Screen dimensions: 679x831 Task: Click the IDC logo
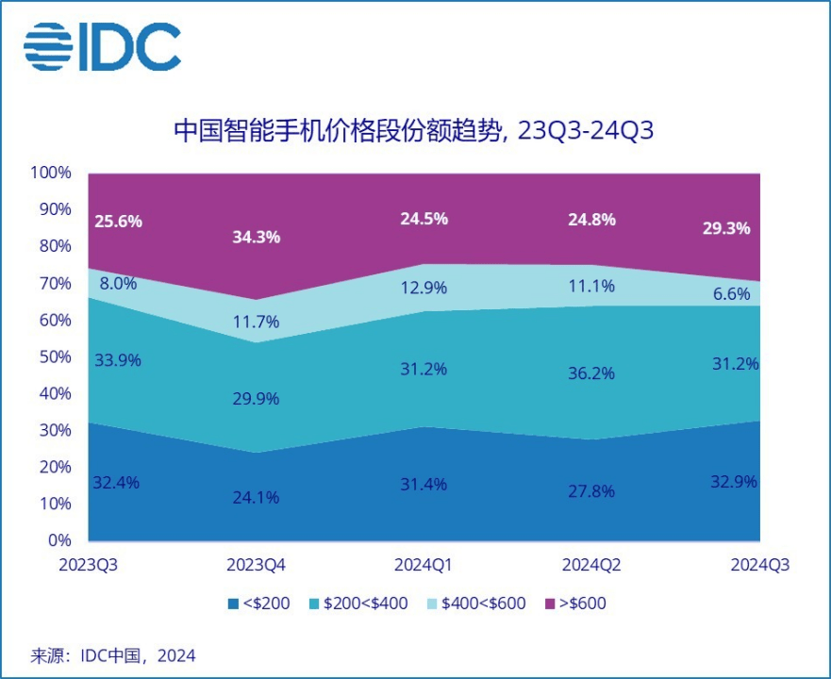pos(102,46)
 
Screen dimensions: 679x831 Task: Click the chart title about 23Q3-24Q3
pos(414,131)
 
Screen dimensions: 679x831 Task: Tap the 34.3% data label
pos(257,238)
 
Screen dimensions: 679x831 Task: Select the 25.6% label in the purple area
pos(118,222)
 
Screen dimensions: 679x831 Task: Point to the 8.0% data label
pos(118,282)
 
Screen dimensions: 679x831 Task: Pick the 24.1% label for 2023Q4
pos(257,497)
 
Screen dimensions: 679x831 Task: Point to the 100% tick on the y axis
pos(51,173)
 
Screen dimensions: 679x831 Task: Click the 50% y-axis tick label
pos(55,356)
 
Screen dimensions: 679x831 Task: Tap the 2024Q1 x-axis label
pos(423,566)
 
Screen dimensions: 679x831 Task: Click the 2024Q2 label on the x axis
pos(590,566)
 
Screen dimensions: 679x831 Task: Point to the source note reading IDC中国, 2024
pos(112,654)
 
